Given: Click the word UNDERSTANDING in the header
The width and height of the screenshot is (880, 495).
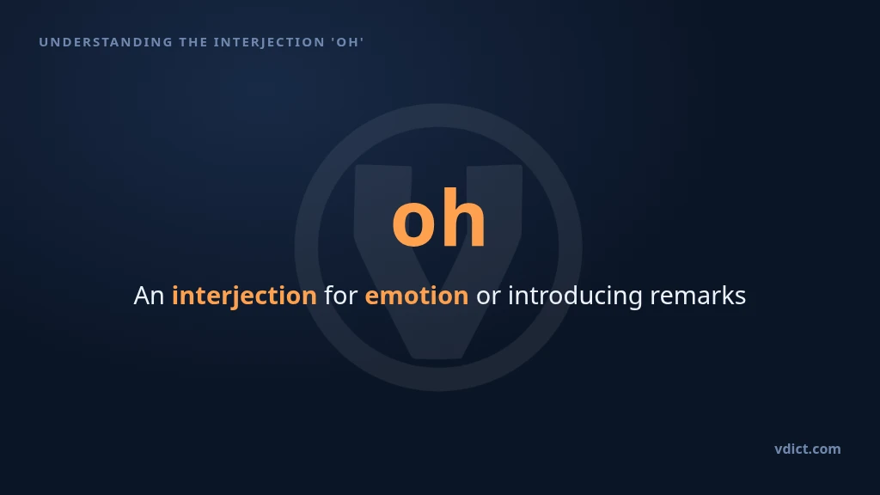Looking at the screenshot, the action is [x=106, y=42].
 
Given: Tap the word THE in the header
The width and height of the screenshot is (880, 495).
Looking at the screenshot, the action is [x=193, y=42].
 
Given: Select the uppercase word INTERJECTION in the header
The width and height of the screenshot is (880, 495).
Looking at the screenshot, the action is [x=269, y=42].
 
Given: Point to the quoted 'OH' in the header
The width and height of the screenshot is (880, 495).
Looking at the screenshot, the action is [x=347, y=42].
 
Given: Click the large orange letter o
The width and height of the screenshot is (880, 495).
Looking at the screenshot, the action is [x=413, y=222].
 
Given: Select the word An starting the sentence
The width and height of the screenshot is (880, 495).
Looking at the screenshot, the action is [x=149, y=296].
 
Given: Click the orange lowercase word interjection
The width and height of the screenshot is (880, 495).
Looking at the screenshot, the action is [x=244, y=296].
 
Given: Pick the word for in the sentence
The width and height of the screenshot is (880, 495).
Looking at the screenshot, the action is [x=340, y=295].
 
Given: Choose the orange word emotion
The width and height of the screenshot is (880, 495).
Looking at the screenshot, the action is [x=417, y=296].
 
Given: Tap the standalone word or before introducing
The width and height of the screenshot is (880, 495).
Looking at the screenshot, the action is [x=488, y=296].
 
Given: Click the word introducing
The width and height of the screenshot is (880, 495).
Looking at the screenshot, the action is [x=575, y=296].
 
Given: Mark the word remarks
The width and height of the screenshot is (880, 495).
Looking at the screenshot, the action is [x=698, y=296].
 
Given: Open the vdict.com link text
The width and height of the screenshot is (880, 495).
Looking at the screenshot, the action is [x=808, y=449].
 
